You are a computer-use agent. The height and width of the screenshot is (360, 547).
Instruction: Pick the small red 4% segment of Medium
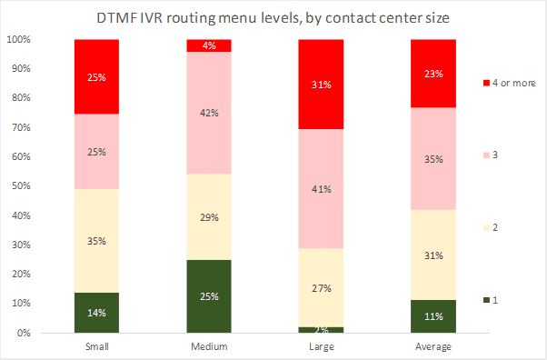tap(208, 45)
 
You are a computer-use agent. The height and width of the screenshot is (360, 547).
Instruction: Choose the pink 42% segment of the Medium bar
tap(208, 114)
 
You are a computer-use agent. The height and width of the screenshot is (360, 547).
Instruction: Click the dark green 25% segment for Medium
tap(208, 295)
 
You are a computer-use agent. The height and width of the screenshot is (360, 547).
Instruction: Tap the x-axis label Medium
tap(208, 346)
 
